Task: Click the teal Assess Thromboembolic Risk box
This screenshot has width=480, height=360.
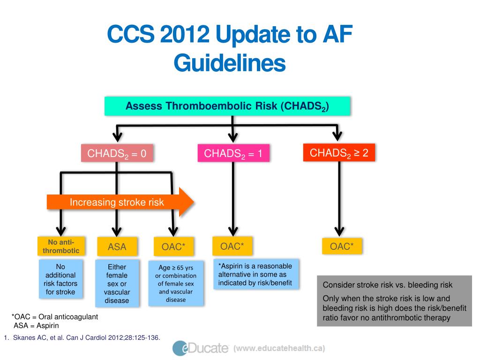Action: pos(227,106)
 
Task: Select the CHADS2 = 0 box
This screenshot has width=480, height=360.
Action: pos(117,154)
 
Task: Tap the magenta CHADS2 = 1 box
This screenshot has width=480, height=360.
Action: pos(233,154)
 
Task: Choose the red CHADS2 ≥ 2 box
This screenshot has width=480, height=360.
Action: pos(339,153)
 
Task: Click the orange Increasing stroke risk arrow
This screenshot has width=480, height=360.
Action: pos(120,202)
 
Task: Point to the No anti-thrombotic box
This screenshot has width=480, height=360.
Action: pos(61,246)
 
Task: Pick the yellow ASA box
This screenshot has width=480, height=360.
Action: pos(117,247)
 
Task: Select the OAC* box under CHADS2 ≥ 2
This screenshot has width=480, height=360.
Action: pos(342,247)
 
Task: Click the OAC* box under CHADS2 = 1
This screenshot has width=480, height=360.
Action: pos(232,246)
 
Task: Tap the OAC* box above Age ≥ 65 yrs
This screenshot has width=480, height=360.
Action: pos(173,247)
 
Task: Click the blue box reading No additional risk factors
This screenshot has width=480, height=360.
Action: pos(60,279)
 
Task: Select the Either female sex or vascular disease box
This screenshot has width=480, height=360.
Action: pos(117,284)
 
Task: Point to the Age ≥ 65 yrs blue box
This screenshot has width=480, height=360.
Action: pos(176,284)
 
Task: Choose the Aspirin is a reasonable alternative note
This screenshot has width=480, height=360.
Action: pos(255,275)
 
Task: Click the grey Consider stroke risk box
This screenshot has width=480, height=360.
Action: pos(394,301)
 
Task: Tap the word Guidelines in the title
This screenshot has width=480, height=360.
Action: pos(229,63)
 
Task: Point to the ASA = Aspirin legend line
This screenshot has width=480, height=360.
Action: pos(37,325)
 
